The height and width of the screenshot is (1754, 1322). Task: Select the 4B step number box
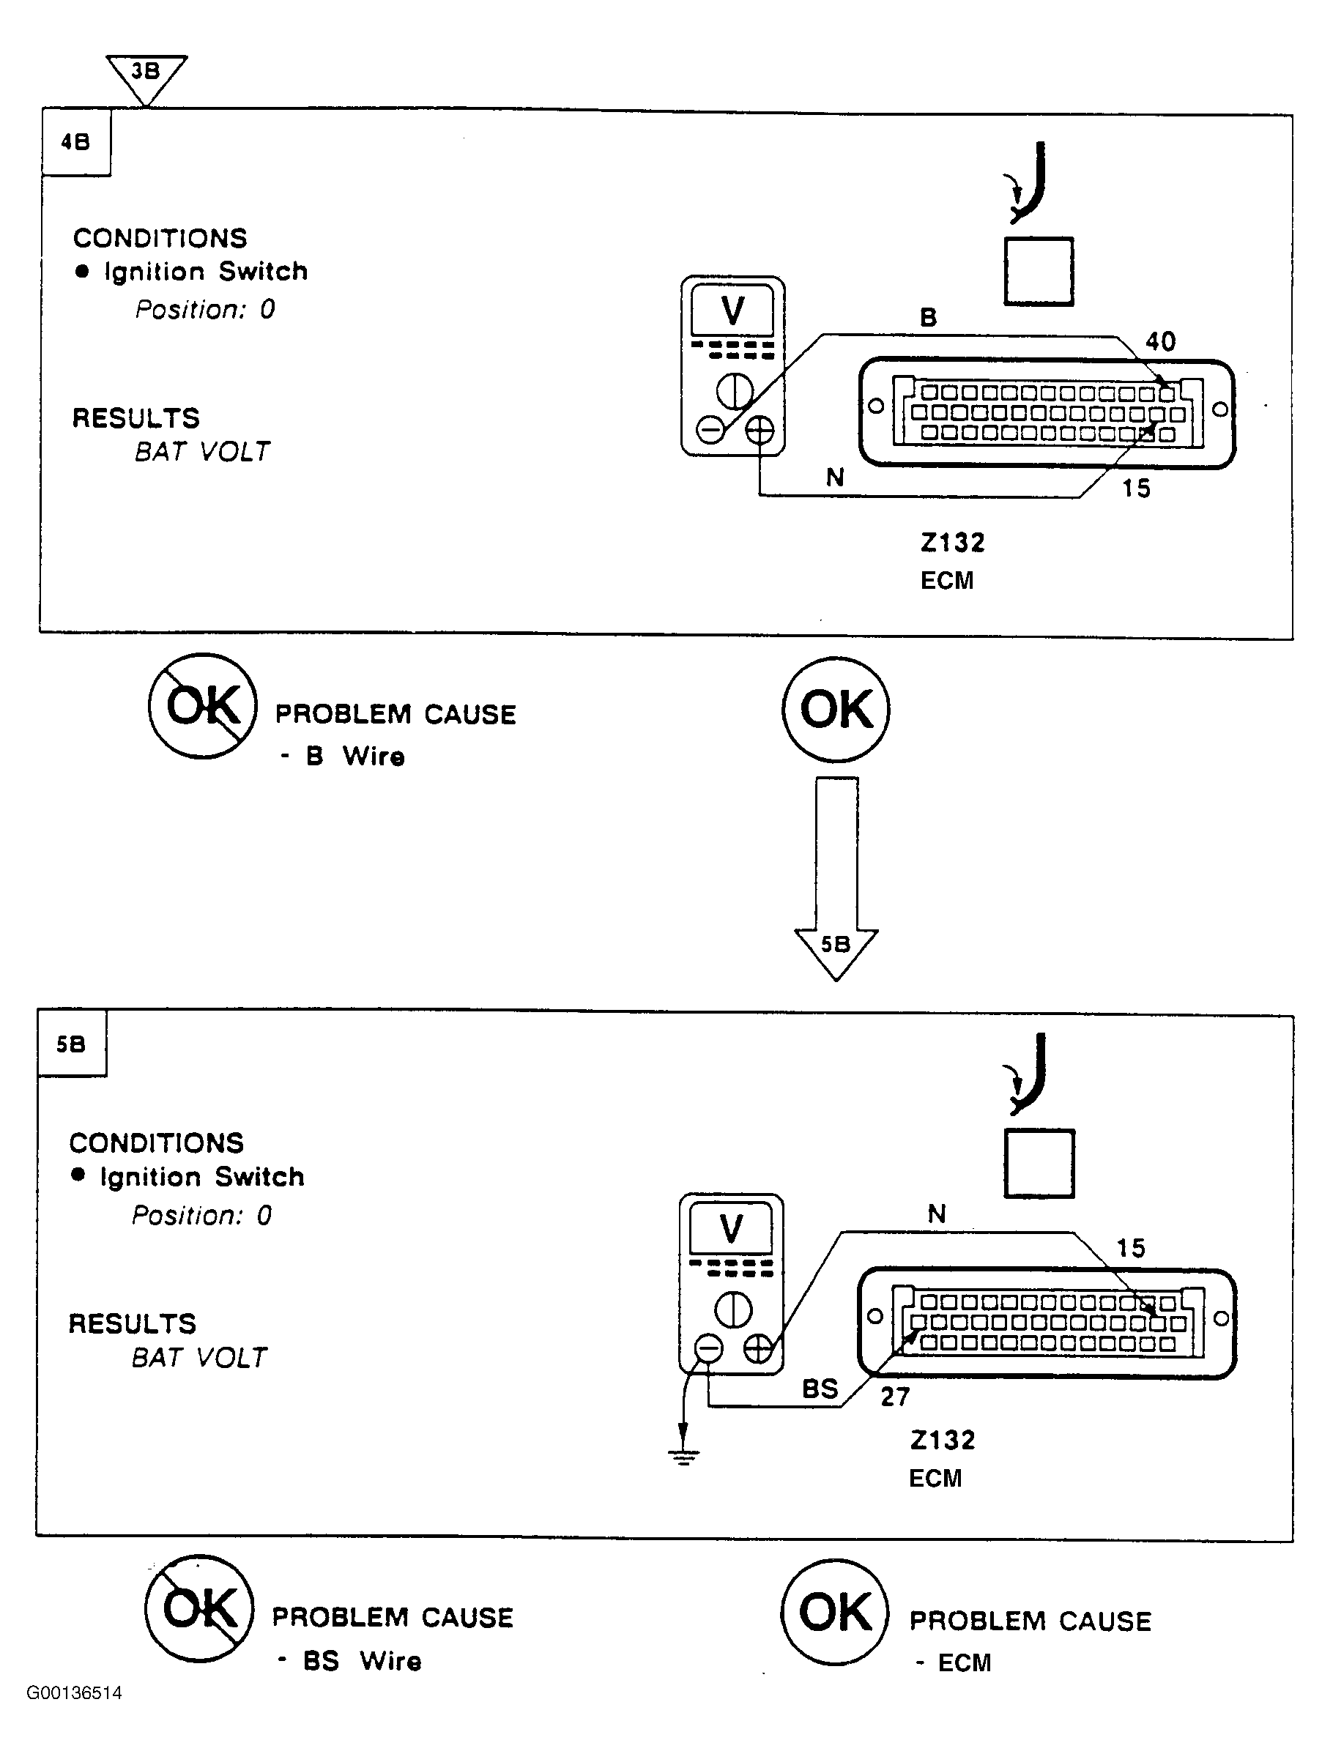click(75, 142)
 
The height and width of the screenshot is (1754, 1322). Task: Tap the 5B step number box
click(71, 1044)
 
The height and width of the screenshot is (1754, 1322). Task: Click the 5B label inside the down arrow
click(836, 943)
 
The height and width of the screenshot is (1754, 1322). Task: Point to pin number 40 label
click(1160, 342)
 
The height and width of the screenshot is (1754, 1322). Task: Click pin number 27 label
click(895, 1397)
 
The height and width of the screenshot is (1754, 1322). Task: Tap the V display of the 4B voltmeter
click(732, 310)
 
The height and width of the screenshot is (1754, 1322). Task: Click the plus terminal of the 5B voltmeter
click(758, 1348)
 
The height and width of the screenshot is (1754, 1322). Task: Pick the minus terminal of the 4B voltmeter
click(710, 431)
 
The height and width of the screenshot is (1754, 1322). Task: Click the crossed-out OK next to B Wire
click(203, 706)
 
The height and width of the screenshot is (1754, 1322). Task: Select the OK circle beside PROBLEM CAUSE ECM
click(835, 1612)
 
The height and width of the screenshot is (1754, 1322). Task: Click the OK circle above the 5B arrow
click(836, 709)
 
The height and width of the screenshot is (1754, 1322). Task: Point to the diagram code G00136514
click(75, 1693)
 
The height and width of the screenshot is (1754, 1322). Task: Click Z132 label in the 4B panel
click(952, 543)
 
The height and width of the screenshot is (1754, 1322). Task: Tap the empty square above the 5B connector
click(1039, 1163)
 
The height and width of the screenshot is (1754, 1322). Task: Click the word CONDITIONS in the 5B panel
click(157, 1142)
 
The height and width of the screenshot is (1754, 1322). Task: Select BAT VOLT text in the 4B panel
click(202, 451)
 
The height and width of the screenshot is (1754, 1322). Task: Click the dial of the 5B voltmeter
click(734, 1309)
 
